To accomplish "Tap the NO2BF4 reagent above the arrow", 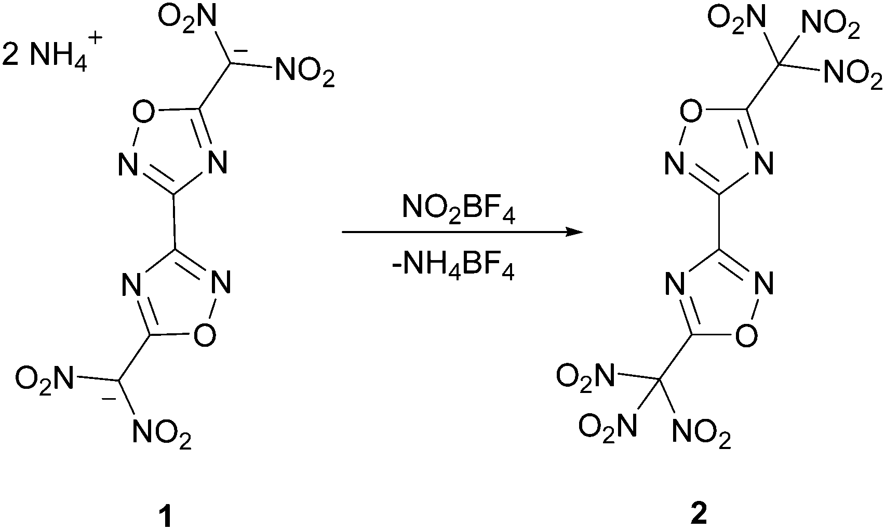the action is click(459, 209).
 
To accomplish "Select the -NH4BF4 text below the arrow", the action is click(453, 268).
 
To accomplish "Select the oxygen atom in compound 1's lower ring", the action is click(205, 335).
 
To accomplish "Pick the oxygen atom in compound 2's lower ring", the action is click(747, 335).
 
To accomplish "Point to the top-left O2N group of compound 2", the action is click(737, 19).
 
